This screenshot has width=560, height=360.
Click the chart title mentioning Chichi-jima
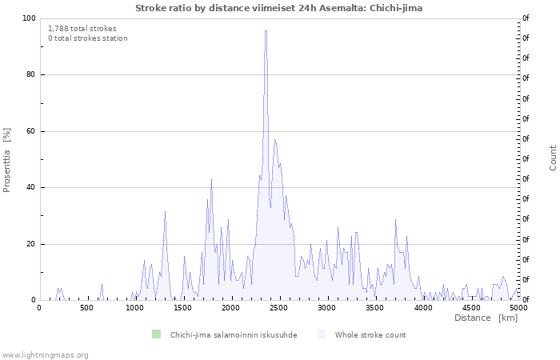(278, 8)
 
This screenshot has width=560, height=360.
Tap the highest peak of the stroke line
(266, 30)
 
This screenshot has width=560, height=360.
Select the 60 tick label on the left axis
(30, 131)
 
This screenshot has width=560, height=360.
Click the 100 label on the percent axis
(30, 18)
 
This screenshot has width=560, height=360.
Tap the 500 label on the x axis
(86, 308)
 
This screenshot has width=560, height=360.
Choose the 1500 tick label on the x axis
(183, 308)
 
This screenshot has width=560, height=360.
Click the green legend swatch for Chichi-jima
(157, 334)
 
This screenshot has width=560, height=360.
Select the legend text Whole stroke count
(370, 335)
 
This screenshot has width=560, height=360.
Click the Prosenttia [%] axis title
(6, 160)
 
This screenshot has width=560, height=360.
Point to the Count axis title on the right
(553, 158)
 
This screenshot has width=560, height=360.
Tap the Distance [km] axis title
(486, 318)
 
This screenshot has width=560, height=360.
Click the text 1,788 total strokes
(82, 29)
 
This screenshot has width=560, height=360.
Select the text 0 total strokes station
(88, 38)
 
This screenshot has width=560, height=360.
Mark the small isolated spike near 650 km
(102, 285)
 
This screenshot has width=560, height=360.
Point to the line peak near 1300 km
(165, 212)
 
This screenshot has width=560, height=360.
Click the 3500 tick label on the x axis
(374, 308)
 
